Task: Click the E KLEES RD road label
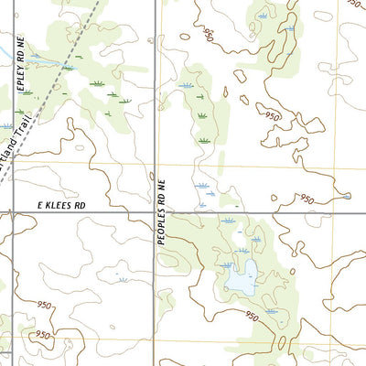pos(61,207)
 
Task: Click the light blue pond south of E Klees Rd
pos(241,280)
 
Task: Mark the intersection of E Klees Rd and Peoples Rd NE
pos(153,213)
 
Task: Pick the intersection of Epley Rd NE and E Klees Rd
pos(10,213)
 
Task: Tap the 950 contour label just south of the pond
pos(252,315)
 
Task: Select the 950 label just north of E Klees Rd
pos(307,199)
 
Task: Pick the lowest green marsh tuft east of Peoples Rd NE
pos(203,140)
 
